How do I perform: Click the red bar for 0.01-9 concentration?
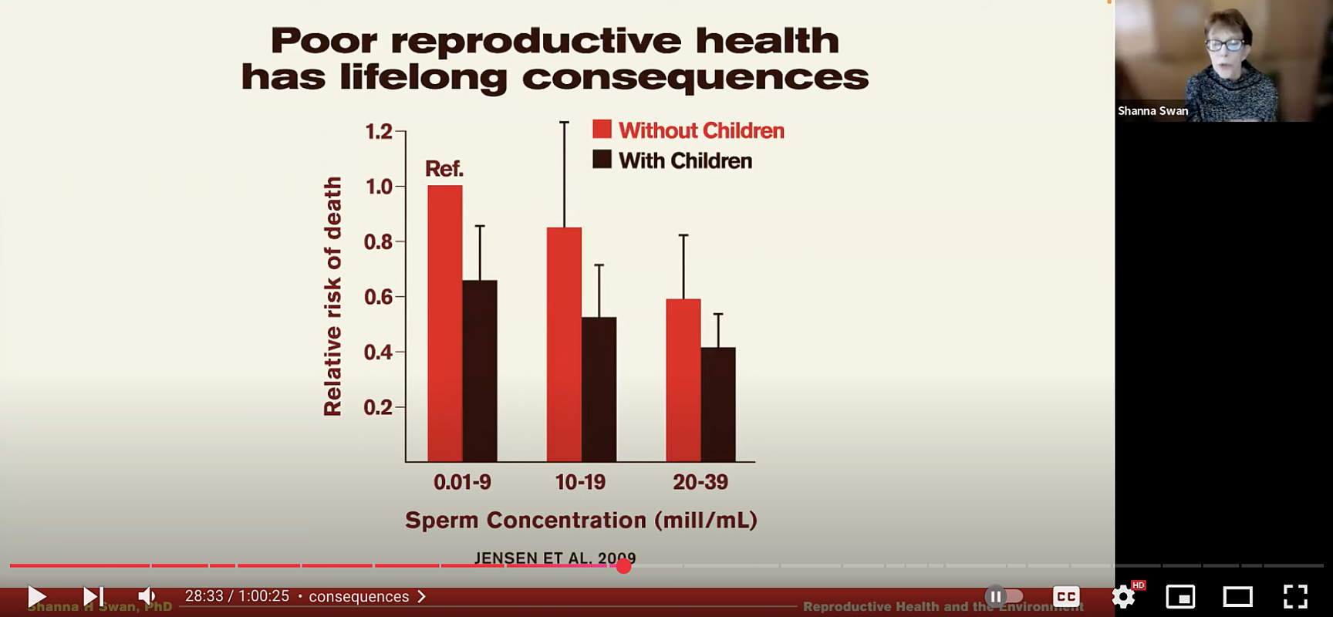click(445, 324)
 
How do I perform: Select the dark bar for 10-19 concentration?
click(599, 389)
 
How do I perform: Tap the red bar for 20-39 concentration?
click(683, 380)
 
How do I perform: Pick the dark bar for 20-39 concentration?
click(718, 405)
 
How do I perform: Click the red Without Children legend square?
click(602, 130)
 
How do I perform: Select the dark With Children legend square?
click(602, 160)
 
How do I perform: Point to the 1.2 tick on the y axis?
click(379, 132)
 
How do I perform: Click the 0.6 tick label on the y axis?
click(379, 297)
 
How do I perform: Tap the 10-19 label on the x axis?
click(580, 482)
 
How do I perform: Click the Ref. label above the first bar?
click(444, 168)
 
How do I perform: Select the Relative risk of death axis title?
click(332, 297)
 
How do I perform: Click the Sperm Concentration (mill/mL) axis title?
click(581, 521)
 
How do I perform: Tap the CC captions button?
click(1066, 596)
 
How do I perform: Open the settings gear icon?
click(1123, 596)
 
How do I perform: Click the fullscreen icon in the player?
click(1295, 596)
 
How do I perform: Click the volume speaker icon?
click(146, 596)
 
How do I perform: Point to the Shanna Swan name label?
click(1152, 111)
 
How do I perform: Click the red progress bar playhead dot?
click(624, 566)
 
